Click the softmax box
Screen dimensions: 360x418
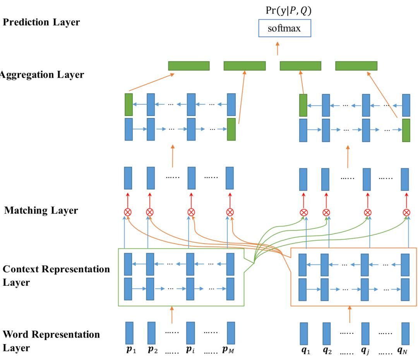[x=284, y=29]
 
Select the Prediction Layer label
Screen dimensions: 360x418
[x=41, y=22]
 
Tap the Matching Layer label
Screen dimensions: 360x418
[x=41, y=211]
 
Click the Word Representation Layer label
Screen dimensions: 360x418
[x=51, y=341]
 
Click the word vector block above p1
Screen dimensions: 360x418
[x=129, y=333]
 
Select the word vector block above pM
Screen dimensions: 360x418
[x=231, y=333]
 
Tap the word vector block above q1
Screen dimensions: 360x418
[x=304, y=333]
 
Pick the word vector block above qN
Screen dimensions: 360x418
[x=405, y=333]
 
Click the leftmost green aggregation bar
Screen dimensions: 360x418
[x=189, y=66]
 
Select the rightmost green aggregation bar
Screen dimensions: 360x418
[x=356, y=66]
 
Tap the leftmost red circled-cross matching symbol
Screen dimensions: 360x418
[x=127, y=212]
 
